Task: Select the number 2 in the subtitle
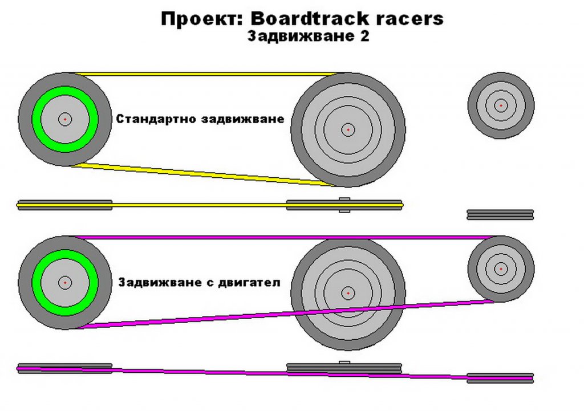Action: pos(364,36)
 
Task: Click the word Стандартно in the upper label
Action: pos(156,119)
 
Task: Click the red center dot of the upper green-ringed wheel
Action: pos(65,119)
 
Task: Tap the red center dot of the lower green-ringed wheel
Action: pos(65,283)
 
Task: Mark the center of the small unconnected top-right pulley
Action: pos(501,105)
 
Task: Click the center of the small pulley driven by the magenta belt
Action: pos(501,269)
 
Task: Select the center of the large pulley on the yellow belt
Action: pos(348,129)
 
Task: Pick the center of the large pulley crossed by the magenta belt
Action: pos(348,293)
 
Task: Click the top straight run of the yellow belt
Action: pos(209,74)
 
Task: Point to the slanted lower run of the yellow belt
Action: pos(201,174)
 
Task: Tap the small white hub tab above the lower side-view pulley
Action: pos(344,363)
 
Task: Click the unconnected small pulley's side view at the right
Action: pos(500,214)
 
